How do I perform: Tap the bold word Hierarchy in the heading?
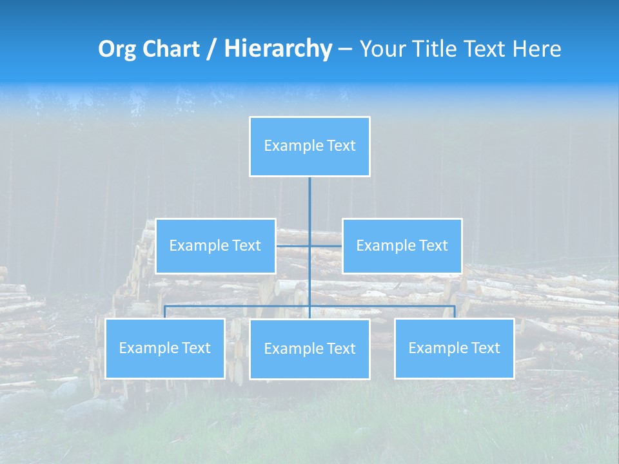(278, 49)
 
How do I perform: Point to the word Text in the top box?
(341, 146)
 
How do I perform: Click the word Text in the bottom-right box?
(486, 348)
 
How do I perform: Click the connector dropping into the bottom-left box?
(164, 312)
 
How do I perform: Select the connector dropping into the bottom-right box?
(455, 312)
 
